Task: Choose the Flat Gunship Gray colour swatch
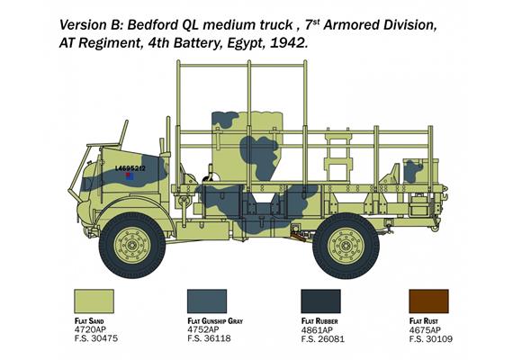tap(206, 302)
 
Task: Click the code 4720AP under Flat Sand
tap(91, 329)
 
